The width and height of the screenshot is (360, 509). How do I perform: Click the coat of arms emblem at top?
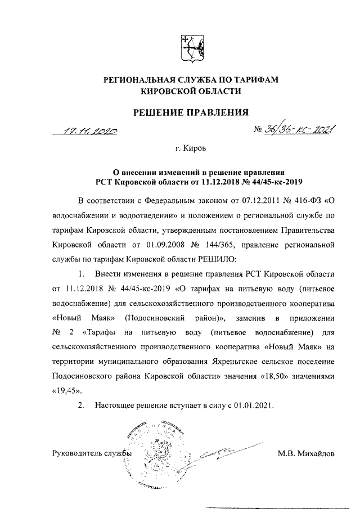[190, 47]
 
